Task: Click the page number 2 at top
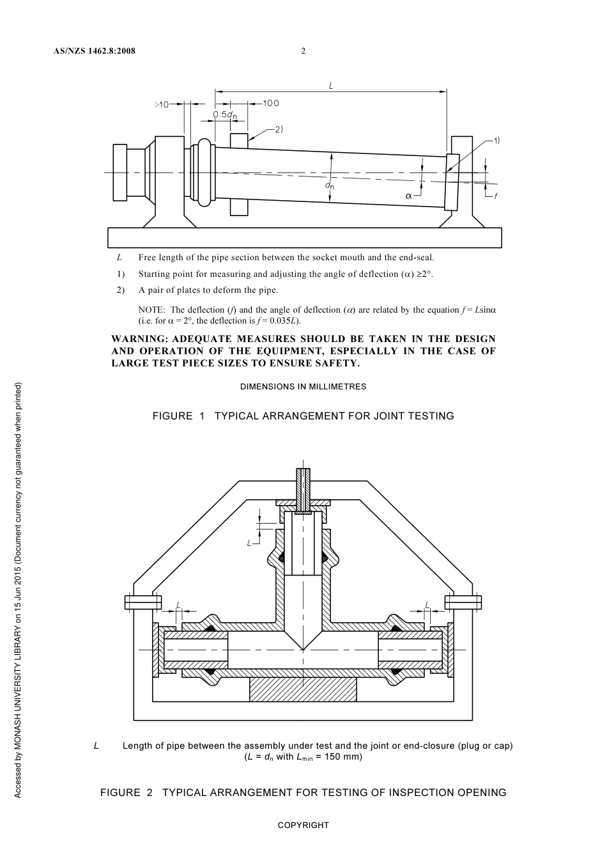pos(303,51)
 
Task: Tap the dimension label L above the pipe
pos(331,85)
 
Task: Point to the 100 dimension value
pos(271,103)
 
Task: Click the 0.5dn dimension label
pos(225,115)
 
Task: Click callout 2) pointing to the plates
pos(279,129)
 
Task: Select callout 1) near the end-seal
pos(496,139)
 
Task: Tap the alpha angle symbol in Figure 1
pos(409,196)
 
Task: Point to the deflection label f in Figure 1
pos(496,196)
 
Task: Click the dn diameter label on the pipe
pos(329,186)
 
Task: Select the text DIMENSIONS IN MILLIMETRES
pos(303,387)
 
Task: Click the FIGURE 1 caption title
pos(303,416)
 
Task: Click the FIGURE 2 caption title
pos(303,793)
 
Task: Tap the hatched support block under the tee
pos(303,689)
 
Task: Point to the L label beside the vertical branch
pos(250,543)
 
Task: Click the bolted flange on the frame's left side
pos(142,602)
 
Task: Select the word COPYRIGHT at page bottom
pos(303,825)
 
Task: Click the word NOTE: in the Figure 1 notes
pos(151,310)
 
